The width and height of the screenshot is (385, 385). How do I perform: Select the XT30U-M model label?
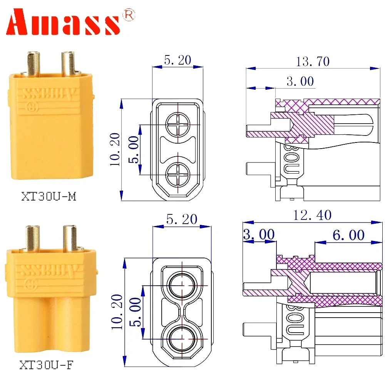[x=49, y=197]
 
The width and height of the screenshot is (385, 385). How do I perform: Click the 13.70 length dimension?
[x=313, y=61]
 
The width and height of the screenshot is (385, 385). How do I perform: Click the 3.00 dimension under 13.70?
[x=300, y=81]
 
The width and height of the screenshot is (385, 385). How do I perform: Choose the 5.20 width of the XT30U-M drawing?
[x=177, y=60]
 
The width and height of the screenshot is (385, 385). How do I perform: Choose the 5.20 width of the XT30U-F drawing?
[x=182, y=219]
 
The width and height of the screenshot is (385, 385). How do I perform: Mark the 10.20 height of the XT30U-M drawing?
[x=114, y=150]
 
